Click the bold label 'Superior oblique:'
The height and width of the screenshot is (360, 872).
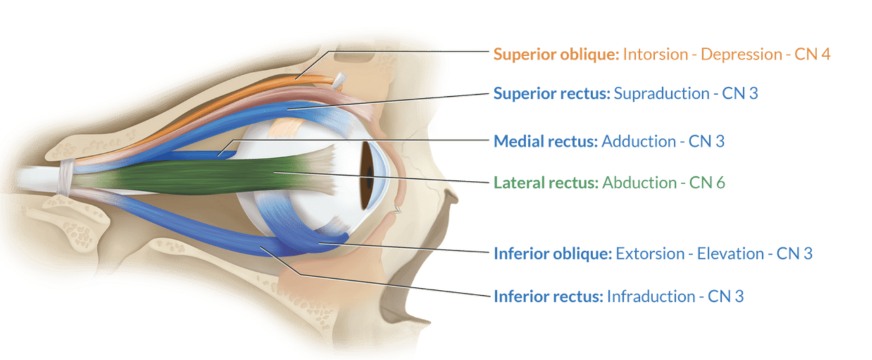click(x=556, y=54)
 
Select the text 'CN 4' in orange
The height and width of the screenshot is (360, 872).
click(x=812, y=54)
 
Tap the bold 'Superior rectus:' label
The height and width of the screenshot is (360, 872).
click(x=552, y=93)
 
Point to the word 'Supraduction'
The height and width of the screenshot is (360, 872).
click(x=662, y=93)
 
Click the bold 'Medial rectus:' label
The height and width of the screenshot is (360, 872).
click(x=545, y=141)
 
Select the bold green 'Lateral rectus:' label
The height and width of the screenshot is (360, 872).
click(x=546, y=182)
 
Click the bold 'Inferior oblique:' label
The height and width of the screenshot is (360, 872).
click(x=552, y=254)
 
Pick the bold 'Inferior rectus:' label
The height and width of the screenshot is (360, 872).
click(x=548, y=297)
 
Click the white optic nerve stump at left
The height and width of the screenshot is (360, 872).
click(x=36, y=178)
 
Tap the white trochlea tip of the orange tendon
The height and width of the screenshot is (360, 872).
click(x=339, y=80)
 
